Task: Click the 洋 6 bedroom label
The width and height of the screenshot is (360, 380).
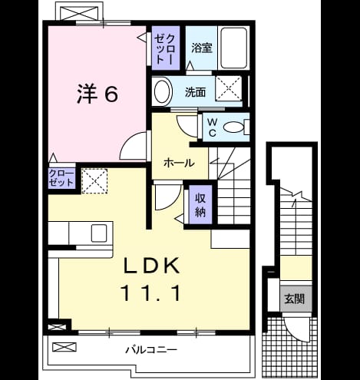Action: (97, 94)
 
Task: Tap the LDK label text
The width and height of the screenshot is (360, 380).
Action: (151, 266)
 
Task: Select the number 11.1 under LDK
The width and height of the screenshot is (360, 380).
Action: (151, 293)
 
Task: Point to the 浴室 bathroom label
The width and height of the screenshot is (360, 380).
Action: (202, 48)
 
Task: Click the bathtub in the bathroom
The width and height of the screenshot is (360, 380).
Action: (234, 48)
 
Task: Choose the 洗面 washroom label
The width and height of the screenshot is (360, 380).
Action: (195, 92)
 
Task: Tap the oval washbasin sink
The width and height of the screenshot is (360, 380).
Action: (162, 91)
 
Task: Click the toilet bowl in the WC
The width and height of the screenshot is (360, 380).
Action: (233, 127)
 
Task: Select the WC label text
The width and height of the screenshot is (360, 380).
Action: (212, 127)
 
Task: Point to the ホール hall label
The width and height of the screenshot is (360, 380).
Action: (179, 163)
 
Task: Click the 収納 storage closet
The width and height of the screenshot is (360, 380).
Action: (200, 205)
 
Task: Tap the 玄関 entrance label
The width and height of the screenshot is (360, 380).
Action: (295, 299)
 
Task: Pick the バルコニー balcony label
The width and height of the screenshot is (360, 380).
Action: (151, 349)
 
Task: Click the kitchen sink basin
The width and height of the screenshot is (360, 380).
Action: (99, 233)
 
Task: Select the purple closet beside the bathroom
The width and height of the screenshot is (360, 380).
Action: (166, 48)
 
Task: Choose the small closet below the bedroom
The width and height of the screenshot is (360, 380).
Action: (61, 178)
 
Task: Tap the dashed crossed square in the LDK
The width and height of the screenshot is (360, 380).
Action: (94, 181)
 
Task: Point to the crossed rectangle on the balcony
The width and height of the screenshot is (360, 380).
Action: (64, 347)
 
